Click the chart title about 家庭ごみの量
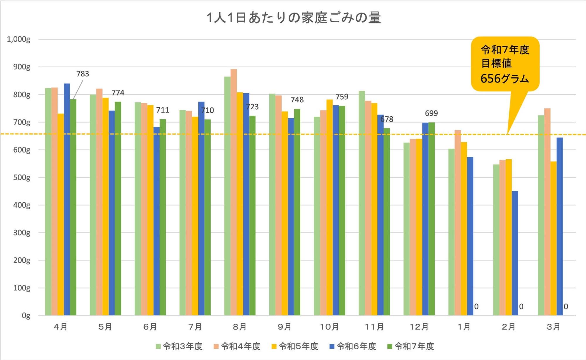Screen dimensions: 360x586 [294, 18]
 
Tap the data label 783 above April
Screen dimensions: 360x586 [83, 74]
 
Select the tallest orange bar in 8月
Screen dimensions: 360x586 [234, 192]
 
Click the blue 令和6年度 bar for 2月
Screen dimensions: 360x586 [515, 253]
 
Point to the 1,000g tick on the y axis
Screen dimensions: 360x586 [18, 39]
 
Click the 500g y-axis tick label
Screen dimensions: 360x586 [22, 178]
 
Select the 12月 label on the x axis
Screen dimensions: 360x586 [419, 327]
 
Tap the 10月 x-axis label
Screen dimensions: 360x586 [329, 327]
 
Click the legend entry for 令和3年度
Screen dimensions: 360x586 [179, 347]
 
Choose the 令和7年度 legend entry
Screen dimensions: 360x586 [411, 347]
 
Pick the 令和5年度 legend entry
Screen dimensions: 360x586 [295, 347]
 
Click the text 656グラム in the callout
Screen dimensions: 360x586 [505, 79]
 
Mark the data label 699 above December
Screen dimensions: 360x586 [431, 113]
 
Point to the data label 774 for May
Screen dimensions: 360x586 [118, 93]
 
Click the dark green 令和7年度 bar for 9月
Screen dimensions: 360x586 [297, 212]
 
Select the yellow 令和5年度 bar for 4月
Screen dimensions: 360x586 [61, 214]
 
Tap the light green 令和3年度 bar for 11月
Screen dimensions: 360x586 [362, 203]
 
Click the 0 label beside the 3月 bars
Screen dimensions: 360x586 [566, 307]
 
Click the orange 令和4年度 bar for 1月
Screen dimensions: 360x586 [458, 223]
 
